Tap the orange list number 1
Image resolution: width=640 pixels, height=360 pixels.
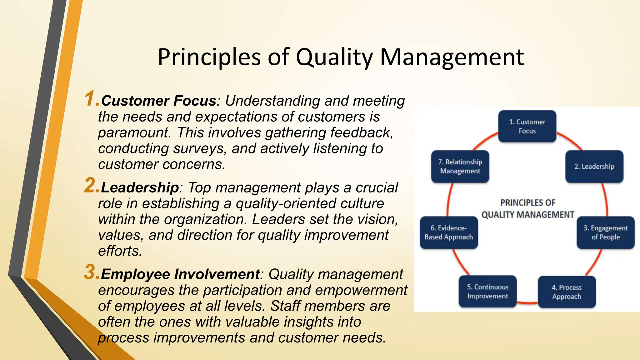[x=91, y=99]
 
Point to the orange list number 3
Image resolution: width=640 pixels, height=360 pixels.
[x=91, y=272]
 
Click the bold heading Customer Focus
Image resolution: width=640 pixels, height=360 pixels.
[x=158, y=101]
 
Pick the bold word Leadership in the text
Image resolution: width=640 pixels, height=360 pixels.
[x=140, y=187]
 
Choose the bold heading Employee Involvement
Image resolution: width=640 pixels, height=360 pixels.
[x=180, y=274]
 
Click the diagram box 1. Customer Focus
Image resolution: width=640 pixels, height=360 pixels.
[x=527, y=126]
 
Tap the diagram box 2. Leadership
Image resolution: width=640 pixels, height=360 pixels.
[x=594, y=167]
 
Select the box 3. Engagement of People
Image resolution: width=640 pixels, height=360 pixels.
[x=605, y=232]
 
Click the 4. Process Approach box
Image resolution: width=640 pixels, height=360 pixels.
[x=567, y=292]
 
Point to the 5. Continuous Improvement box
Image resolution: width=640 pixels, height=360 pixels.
[x=487, y=292]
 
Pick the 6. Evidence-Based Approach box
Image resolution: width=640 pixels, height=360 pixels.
[x=449, y=232]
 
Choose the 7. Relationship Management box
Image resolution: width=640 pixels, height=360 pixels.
[x=460, y=167]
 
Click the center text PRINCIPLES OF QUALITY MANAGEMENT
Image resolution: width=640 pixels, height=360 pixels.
[x=528, y=209]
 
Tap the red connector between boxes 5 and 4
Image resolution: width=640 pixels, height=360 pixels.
[x=527, y=302]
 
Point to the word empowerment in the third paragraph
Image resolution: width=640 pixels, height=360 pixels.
[x=361, y=290]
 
